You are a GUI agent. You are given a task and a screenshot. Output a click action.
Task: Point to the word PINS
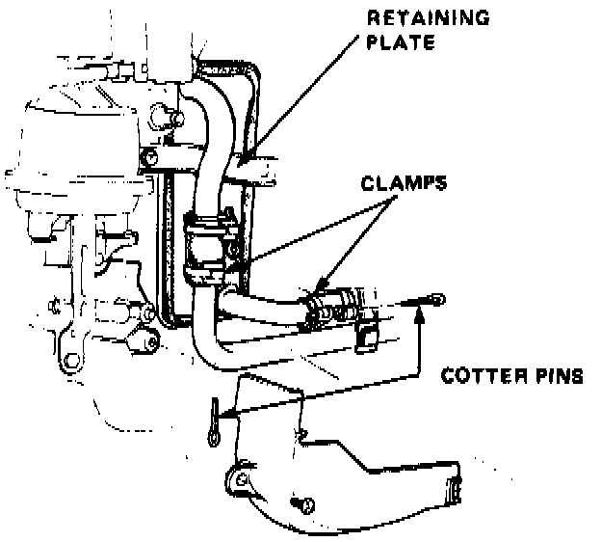pos(558,375)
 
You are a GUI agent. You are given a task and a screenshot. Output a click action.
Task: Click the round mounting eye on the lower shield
pos(240,479)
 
